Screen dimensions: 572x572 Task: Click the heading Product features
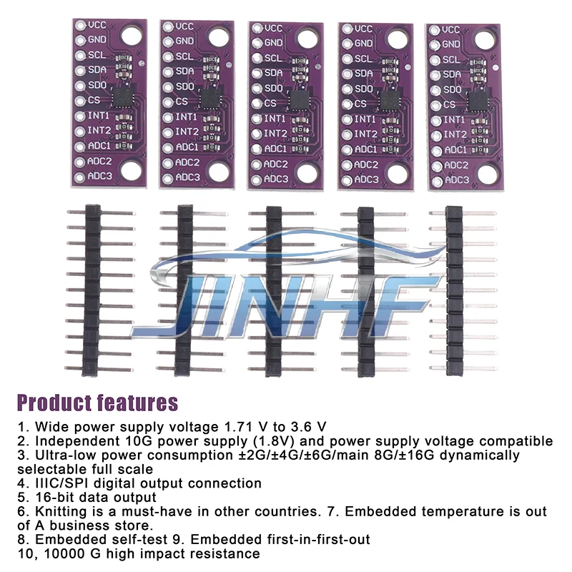point(97,403)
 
